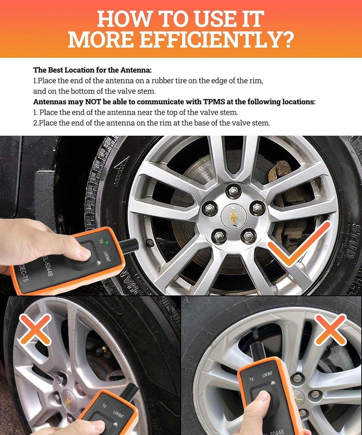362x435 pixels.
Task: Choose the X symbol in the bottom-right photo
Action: (x=330, y=328)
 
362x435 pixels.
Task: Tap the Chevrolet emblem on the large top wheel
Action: (x=233, y=216)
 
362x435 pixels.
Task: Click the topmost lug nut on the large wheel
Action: (x=233, y=191)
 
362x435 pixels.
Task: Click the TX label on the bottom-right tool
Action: (x=251, y=379)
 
